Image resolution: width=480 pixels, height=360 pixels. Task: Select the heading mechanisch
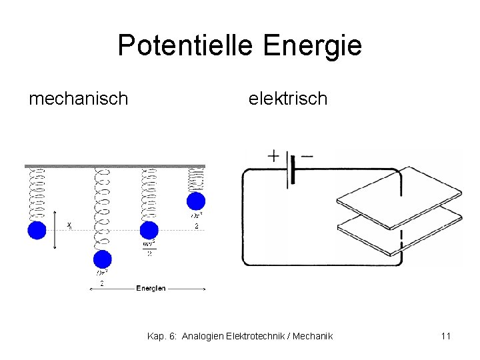pyautogui.click(x=79, y=99)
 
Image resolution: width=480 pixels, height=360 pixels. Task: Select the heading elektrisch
pyautogui.click(x=288, y=99)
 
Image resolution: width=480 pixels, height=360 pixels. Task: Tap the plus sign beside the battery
pyautogui.click(x=274, y=156)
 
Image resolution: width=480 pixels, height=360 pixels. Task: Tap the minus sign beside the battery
pyautogui.click(x=307, y=156)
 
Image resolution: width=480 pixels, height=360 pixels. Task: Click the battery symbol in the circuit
pyautogui.click(x=291, y=171)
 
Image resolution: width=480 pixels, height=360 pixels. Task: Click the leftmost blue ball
pyautogui.click(x=37, y=231)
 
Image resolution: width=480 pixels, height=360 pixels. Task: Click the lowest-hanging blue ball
pyautogui.click(x=103, y=259)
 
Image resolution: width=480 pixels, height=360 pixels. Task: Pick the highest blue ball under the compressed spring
pyautogui.click(x=196, y=201)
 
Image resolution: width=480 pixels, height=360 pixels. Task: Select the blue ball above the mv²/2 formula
pyautogui.click(x=149, y=230)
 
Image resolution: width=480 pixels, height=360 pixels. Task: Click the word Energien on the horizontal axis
pyautogui.click(x=151, y=288)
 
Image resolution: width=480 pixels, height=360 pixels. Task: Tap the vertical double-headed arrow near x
pyautogui.click(x=55, y=230)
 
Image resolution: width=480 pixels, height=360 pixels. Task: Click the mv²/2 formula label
pyautogui.click(x=149, y=247)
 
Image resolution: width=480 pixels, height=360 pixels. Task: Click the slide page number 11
pyautogui.click(x=445, y=336)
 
